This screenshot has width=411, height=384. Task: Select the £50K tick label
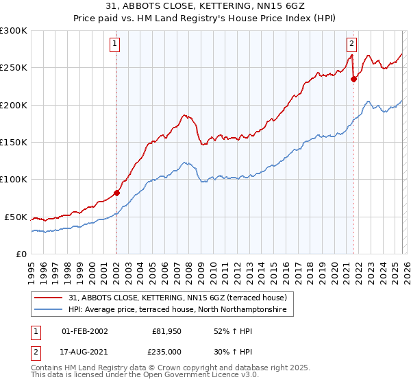16,217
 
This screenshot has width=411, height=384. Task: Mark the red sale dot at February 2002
116,193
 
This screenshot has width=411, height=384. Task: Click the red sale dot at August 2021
353,79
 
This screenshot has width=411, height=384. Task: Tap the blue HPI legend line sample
49,310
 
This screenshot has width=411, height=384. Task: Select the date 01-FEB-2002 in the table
84,331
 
